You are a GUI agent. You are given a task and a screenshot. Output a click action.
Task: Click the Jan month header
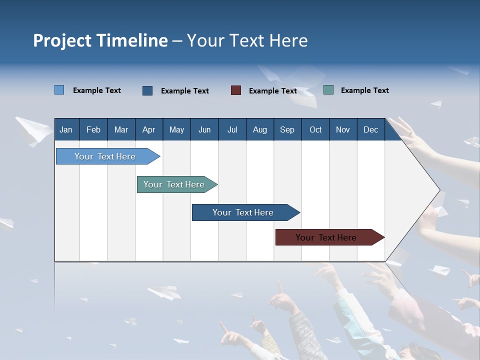click(x=66, y=129)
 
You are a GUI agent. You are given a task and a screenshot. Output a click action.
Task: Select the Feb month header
click(x=93, y=129)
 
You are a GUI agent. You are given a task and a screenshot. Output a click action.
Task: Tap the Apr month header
click(x=148, y=129)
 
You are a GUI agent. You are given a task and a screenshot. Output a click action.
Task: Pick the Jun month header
click(x=204, y=129)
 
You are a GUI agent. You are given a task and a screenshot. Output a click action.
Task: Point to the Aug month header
click(x=259, y=129)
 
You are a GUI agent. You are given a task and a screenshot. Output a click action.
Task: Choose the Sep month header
click(x=287, y=129)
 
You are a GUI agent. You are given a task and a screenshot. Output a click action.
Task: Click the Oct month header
click(x=315, y=129)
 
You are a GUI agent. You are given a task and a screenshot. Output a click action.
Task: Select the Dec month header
click(x=370, y=129)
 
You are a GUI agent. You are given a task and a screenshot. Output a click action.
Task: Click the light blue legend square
click(x=59, y=90)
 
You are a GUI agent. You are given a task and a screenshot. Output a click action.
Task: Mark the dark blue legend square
click(x=147, y=90)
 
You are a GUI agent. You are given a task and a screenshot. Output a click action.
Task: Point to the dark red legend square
click(x=236, y=90)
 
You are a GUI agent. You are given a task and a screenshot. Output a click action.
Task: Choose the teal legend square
click(x=328, y=90)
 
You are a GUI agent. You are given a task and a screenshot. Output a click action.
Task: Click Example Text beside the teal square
click(x=364, y=90)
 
